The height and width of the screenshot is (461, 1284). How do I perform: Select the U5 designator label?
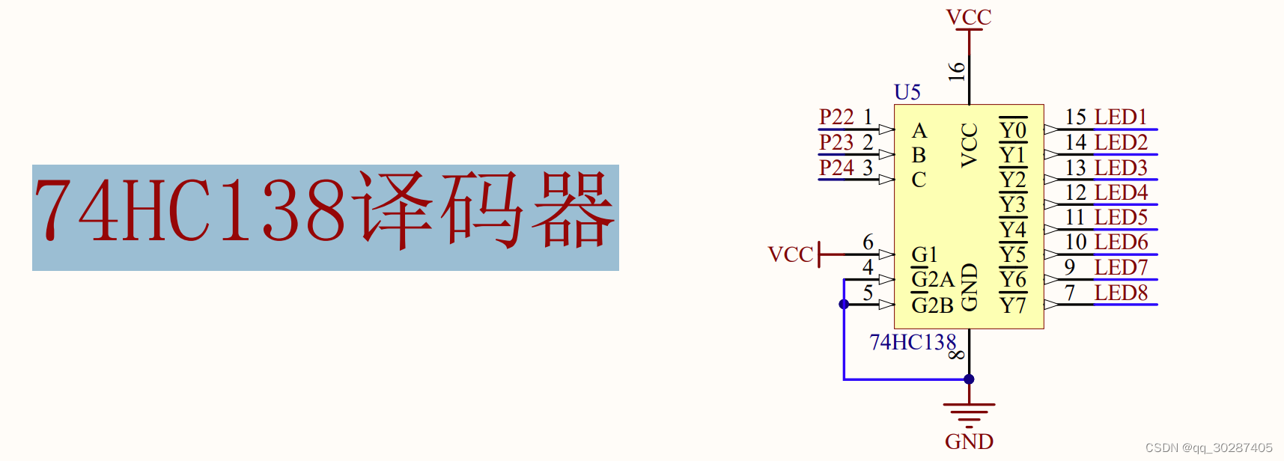(x=907, y=92)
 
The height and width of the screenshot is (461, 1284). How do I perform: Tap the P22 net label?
(x=836, y=117)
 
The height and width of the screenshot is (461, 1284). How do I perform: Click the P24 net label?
(x=836, y=168)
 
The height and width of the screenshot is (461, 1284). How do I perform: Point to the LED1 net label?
(x=1121, y=117)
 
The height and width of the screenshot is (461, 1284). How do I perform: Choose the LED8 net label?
(x=1121, y=293)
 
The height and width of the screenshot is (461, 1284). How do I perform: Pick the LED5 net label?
(x=1121, y=217)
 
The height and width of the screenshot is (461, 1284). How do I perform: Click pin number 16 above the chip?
(x=956, y=71)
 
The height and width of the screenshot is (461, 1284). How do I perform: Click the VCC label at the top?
(x=969, y=16)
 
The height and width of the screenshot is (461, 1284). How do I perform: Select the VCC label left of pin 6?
(x=790, y=254)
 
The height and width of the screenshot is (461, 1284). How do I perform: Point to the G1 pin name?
(x=925, y=254)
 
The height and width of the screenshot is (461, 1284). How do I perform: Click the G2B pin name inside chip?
(x=932, y=305)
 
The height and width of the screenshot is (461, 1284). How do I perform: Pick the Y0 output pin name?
(x=1013, y=130)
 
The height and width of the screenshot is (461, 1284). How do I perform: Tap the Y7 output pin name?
(x=1013, y=305)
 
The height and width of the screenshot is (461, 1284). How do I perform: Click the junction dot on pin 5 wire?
(x=844, y=304)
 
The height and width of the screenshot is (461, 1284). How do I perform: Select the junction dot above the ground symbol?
(x=969, y=379)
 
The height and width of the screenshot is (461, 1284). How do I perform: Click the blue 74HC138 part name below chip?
(x=913, y=343)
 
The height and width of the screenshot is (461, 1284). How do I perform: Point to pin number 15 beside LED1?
(x=1076, y=117)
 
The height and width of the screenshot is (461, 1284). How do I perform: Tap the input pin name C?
(x=919, y=180)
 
